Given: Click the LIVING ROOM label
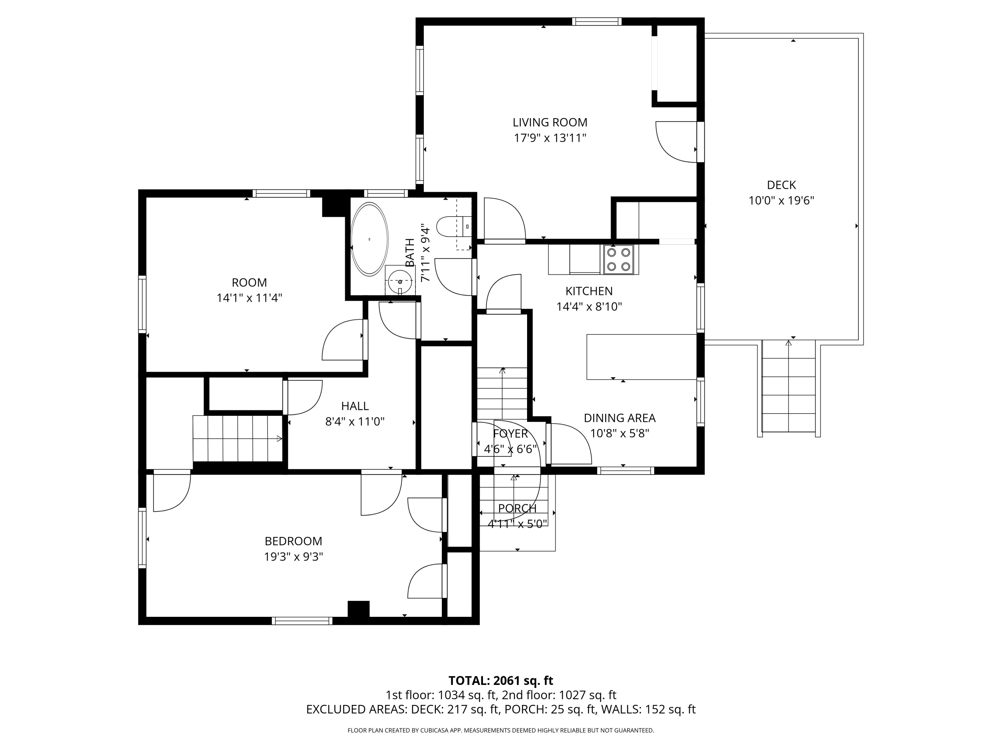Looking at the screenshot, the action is (x=550, y=122).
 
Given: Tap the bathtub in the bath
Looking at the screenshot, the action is (x=370, y=239).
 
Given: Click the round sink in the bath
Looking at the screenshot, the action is (x=400, y=281).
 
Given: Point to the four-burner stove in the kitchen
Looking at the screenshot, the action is (x=619, y=259).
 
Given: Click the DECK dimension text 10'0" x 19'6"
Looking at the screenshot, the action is (x=782, y=200).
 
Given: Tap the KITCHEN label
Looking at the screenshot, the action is (x=589, y=291).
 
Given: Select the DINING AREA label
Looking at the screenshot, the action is (x=620, y=418).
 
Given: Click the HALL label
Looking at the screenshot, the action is (x=355, y=406).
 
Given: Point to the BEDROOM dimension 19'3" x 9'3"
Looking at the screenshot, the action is (x=294, y=556).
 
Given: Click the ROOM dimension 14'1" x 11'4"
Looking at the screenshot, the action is (x=249, y=298).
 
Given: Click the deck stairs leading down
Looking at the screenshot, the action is (x=789, y=386).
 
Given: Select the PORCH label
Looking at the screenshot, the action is (x=517, y=508).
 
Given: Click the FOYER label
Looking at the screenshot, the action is (x=510, y=434).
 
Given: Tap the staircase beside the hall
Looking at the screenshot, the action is (x=238, y=438).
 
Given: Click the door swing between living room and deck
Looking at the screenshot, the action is (x=676, y=142).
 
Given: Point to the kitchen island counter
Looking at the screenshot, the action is (x=641, y=357).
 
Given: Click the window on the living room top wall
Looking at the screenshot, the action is (x=596, y=21).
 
